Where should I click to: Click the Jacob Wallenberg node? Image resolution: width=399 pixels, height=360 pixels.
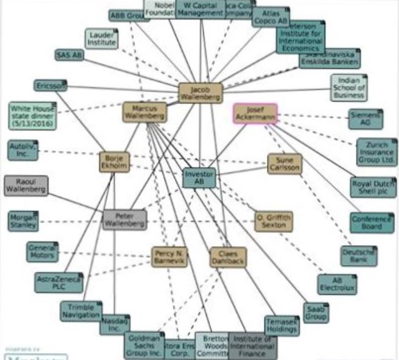pyautogui.click(x=200, y=93)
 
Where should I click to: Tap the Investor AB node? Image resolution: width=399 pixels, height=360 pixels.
pyautogui.click(x=199, y=178)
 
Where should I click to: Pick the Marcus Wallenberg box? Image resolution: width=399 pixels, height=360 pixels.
pyautogui.click(x=144, y=112)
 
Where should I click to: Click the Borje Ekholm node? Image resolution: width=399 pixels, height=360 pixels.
pyautogui.click(x=114, y=162)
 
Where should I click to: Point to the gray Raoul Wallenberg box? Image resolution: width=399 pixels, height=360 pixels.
pyautogui.click(x=26, y=185)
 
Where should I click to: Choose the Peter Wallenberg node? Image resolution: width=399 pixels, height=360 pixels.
pyautogui.click(x=125, y=220)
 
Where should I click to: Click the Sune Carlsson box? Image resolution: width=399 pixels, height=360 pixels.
pyautogui.click(x=285, y=164)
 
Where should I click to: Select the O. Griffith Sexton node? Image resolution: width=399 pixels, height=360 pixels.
pyautogui.click(x=274, y=221)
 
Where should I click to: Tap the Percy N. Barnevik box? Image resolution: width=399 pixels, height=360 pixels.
pyautogui.click(x=170, y=257)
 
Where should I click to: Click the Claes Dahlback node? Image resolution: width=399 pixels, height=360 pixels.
pyautogui.click(x=228, y=257)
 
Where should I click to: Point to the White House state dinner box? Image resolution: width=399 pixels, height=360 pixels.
pyautogui.click(x=32, y=116)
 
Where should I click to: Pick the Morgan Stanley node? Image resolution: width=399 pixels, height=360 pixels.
pyautogui.click(x=23, y=221)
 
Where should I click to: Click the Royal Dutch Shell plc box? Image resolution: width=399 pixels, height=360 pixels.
pyautogui.click(x=373, y=187)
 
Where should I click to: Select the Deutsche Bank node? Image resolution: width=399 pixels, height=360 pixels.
pyautogui.click(x=359, y=256)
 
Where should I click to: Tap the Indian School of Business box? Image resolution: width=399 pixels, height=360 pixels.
pyautogui.click(x=349, y=88)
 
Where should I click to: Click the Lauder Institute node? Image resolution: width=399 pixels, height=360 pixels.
pyautogui.click(x=101, y=39)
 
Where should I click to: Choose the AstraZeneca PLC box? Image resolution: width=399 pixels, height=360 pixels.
pyautogui.click(x=59, y=282)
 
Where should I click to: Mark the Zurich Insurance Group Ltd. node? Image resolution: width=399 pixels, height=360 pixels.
pyautogui.click(x=377, y=152)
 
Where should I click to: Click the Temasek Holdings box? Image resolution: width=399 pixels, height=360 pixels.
pyautogui.click(x=282, y=326)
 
